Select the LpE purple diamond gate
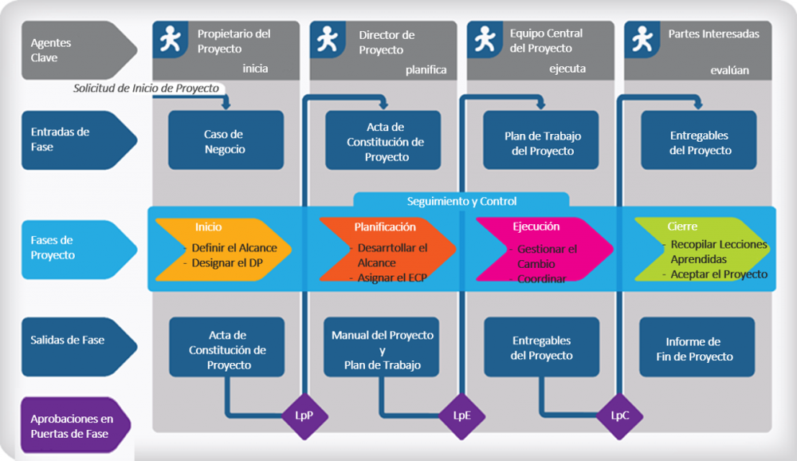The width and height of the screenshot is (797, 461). point(462,416)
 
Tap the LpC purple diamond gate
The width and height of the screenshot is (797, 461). point(620,416)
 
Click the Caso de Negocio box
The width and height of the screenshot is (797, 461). point(226,141)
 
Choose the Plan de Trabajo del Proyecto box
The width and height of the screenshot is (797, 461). point(541,141)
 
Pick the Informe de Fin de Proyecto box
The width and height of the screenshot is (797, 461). point(697,349)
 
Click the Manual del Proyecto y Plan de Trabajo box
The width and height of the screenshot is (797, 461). point(383,349)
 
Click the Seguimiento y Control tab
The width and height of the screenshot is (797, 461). point(461,201)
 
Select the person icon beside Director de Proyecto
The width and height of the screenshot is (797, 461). point(326,39)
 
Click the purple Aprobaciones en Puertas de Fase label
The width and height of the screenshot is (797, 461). point(74,426)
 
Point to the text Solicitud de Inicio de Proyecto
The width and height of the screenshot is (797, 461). point(146,89)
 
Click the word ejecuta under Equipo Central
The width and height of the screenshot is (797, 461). point(567,69)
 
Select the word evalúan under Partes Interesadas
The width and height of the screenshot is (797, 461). point(729,70)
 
